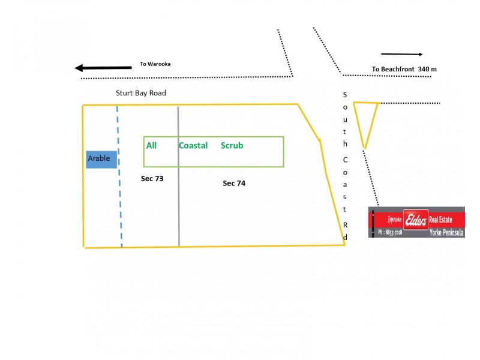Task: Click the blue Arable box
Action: tap(101, 159)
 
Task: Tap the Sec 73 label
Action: tap(152, 179)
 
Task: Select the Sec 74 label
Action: tap(234, 184)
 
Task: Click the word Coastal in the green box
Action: tap(193, 146)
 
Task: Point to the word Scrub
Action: tap(232, 146)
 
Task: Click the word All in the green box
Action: tap(151, 146)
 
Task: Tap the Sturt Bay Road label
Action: tap(141, 93)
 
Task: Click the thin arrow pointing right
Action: tap(402, 54)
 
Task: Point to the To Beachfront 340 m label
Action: tap(404, 69)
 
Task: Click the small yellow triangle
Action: tap(365, 120)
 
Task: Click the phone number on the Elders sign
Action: tap(389, 232)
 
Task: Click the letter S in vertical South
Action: tap(345, 95)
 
